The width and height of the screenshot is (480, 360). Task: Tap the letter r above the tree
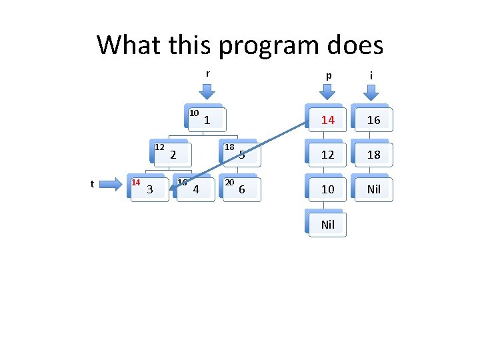pyautogui.click(x=207, y=74)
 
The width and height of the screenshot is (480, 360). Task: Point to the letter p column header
pyautogui.click(x=328, y=75)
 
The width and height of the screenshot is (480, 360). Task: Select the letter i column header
pyautogui.click(x=371, y=75)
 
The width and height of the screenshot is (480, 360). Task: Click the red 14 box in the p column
pyautogui.click(x=327, y=121)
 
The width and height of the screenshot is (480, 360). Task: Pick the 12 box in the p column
pyautogui.click(x=327, y=155)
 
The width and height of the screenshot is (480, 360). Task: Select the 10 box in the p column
pyautogui.click(x=327, y=189)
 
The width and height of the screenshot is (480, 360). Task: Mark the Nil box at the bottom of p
pyautogui.click(x=327, y=225)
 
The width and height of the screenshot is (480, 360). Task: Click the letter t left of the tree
pyautogui.click(x=92, y=184)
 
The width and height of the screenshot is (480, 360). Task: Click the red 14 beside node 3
pyautogui.click(x=135, y=182)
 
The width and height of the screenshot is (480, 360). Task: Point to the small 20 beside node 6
pyautogui.click(x=229, y=182)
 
